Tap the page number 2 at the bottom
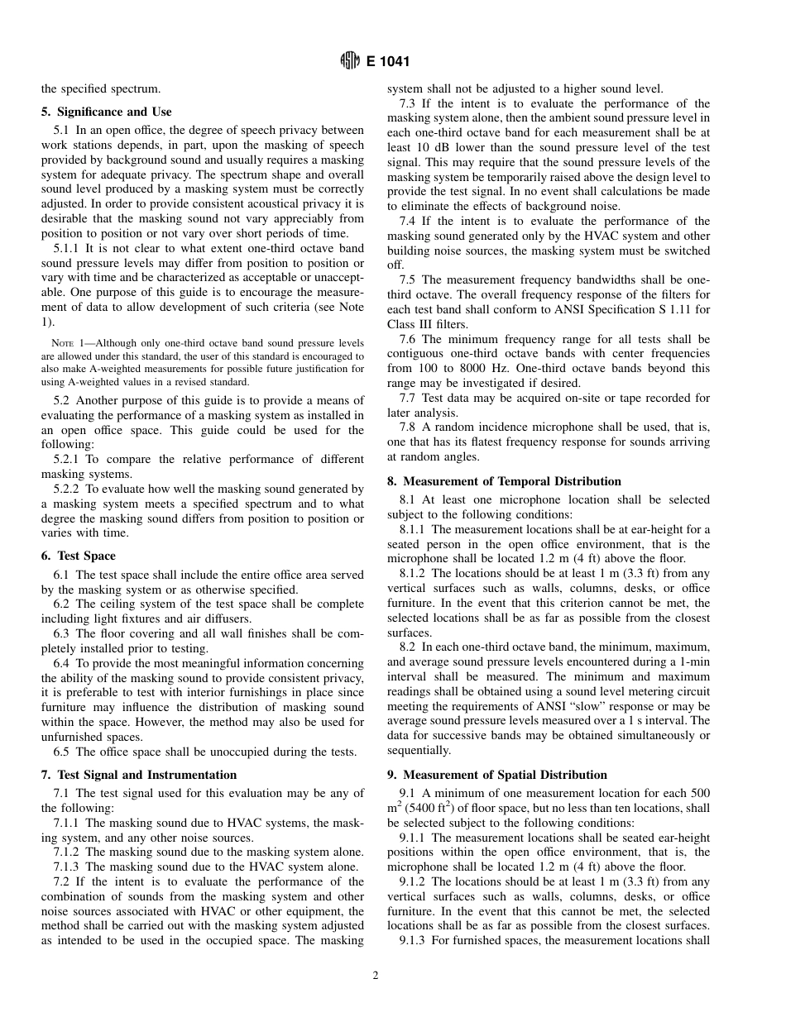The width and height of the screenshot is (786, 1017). [x=375, y=975]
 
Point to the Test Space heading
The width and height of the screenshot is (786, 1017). [x=86, y=556]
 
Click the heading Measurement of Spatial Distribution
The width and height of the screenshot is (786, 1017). [x=505, y=775]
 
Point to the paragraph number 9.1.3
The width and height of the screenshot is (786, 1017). [x=413, y=941]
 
